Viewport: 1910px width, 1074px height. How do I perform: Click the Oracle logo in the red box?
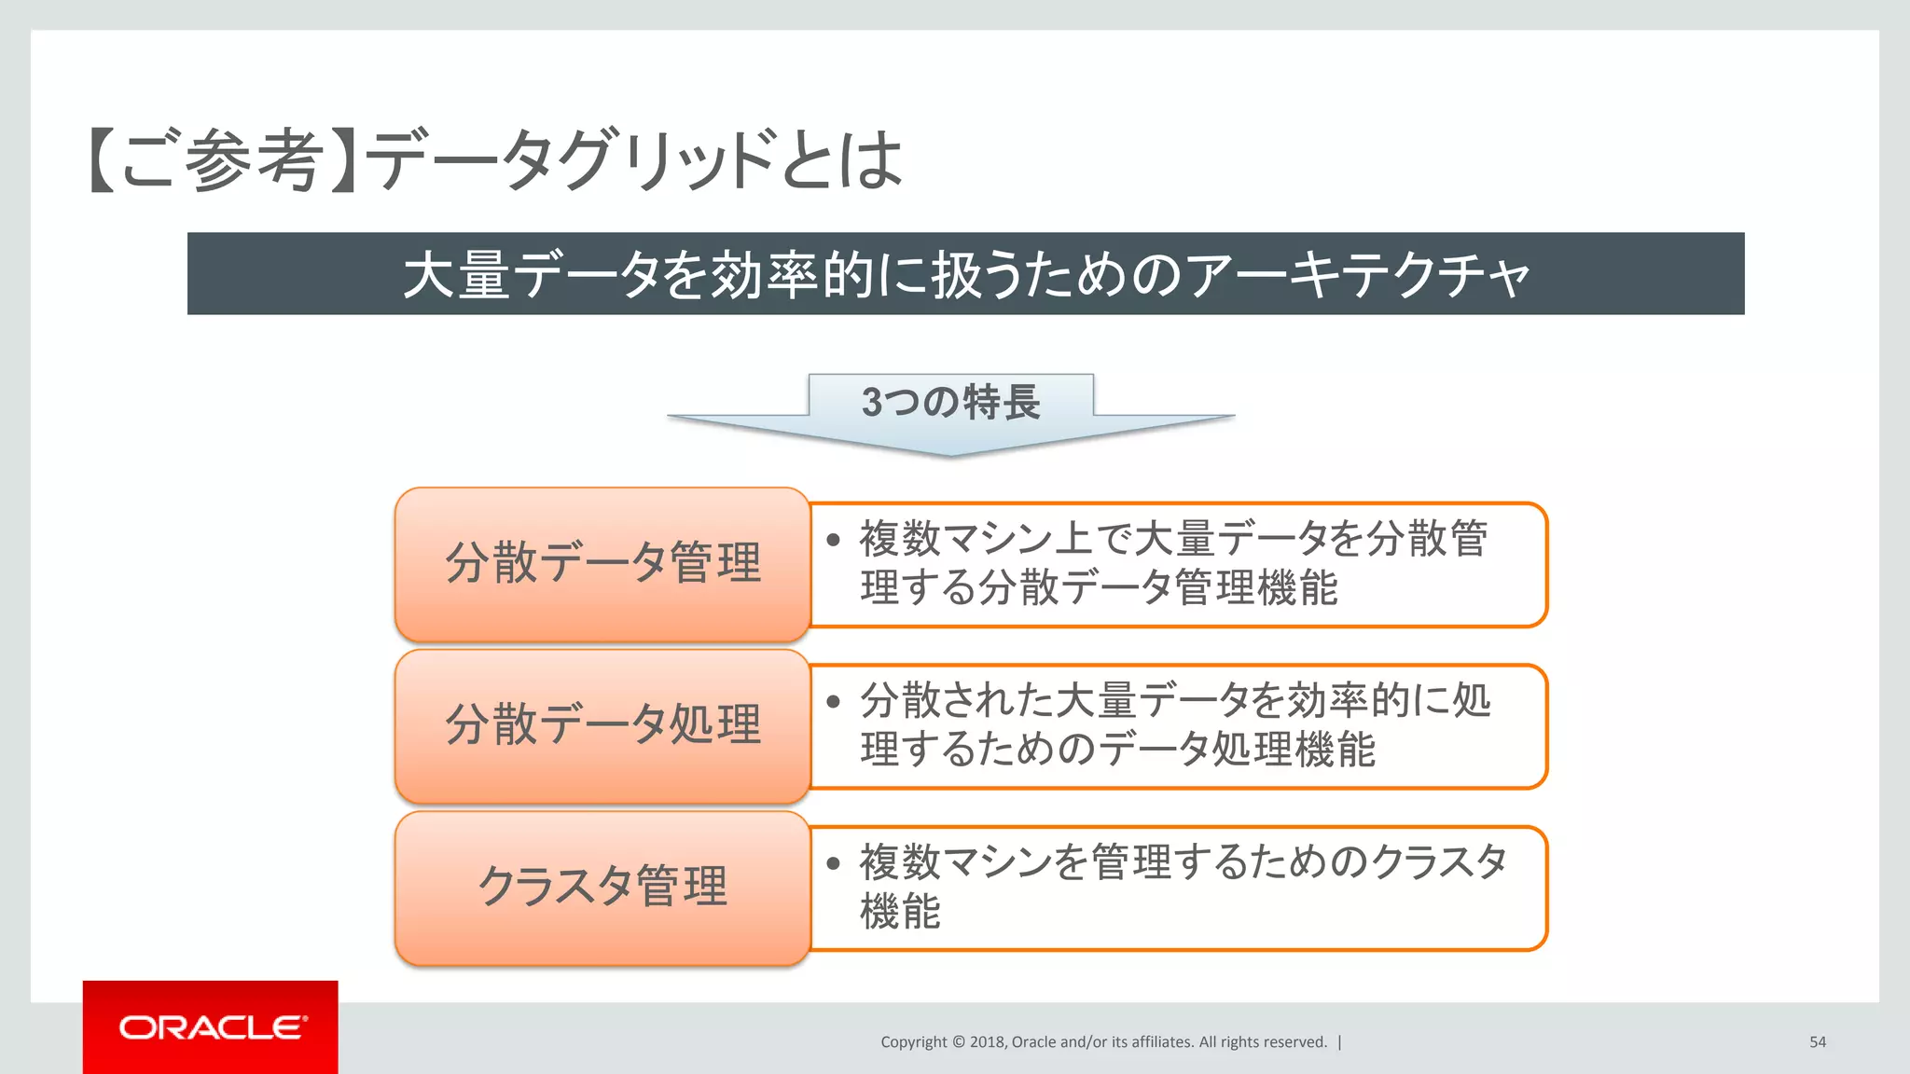212,1027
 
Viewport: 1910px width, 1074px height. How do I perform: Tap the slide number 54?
1817,1042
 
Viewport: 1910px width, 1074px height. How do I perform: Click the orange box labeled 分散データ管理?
602,563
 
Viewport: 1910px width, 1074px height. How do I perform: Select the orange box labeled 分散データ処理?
602,725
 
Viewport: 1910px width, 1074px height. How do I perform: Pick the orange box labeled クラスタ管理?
602,887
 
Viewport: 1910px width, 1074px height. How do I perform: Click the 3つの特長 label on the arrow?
950,402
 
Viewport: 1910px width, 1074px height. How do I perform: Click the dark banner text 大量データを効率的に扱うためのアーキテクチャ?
965,274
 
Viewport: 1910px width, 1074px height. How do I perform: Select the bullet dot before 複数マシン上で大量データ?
834,540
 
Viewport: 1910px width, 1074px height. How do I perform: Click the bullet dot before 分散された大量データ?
834,701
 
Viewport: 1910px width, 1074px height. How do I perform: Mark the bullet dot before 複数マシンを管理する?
834,862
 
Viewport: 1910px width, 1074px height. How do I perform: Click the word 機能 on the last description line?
900,911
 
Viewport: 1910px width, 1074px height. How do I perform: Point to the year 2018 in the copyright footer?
987,1042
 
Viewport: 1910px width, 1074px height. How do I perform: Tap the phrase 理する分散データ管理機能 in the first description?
1099,588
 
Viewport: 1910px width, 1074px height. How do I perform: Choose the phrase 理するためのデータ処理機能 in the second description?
1117,750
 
